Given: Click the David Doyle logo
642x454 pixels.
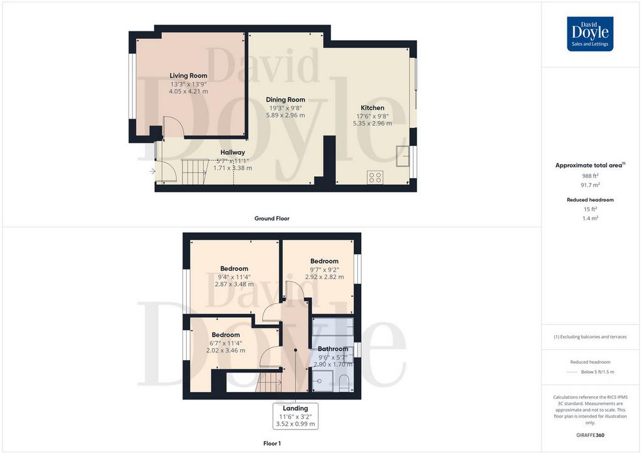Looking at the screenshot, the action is point(590,34).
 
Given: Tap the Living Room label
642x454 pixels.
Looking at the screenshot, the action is point(188,76).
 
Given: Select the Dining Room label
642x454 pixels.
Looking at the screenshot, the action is point(285,100).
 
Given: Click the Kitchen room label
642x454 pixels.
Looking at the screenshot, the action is point(372,108).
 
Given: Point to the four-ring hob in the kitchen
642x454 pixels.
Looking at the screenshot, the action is point(375,177).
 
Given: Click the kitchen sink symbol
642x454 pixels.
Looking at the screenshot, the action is point(403,156).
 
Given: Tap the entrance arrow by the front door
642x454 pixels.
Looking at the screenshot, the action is point(152,171).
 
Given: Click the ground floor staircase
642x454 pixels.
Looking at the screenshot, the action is point(195,172).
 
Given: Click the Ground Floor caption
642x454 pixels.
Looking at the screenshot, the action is point(272,219).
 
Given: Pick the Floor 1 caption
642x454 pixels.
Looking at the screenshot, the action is point(272,443).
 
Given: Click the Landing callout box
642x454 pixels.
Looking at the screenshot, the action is point(295,416).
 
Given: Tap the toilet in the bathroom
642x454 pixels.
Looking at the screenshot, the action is point(344,383).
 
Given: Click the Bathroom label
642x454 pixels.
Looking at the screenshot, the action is point(333,349).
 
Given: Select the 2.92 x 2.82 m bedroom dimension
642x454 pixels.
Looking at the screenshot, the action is point(324,277).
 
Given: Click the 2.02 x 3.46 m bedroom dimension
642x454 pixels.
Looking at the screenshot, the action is point(226,351).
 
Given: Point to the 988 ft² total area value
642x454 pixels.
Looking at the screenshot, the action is point(590,176).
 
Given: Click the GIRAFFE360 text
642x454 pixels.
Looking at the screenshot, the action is point(590,435).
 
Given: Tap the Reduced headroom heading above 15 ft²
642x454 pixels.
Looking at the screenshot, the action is point(590,200).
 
